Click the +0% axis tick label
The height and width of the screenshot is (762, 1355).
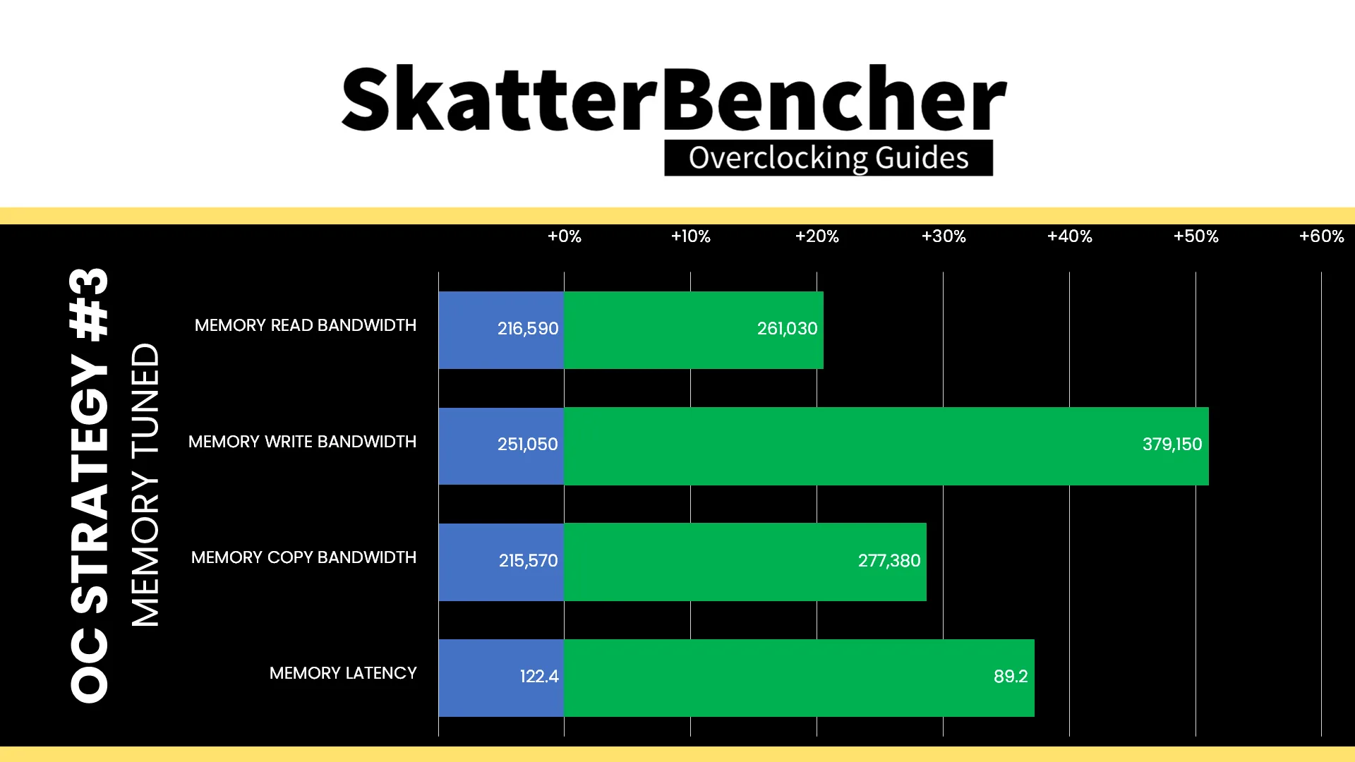click(x=565, y=236)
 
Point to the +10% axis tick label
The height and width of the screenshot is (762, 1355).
click(x=690, y=236)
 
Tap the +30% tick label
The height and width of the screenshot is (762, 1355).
click(x=944, y=236)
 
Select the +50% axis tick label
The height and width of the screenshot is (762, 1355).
click(x=1196, y=236)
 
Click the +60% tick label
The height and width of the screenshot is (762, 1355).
click(x=1322, y=236)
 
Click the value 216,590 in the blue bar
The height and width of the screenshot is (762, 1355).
click(x=528, y=329)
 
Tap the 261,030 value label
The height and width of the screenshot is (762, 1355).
click(x=788, y=329)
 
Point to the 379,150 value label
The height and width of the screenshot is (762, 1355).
click(x=1172, y=445)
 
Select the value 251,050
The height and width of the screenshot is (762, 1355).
click(x=528, y=445)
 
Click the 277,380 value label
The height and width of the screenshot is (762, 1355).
click(x=889, y=561)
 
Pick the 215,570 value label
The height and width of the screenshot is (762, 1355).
click(x=529, y=561)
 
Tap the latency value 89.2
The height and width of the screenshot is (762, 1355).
click(x=1011, y=677)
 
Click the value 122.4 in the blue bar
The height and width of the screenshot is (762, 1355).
click(x=539, y=677)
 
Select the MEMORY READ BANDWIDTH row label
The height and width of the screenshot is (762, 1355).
click(x=306, y=325)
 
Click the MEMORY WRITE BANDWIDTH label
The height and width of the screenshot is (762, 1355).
click(x=302, y=442)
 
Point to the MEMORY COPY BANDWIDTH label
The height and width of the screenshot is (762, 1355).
click(x=303, y=557)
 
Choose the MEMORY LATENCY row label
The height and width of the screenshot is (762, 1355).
click(x=343, y=673)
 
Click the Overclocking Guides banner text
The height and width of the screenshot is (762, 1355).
click(x=829, y=158)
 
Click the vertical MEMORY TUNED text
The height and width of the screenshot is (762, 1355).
click(x=146, y=485)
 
